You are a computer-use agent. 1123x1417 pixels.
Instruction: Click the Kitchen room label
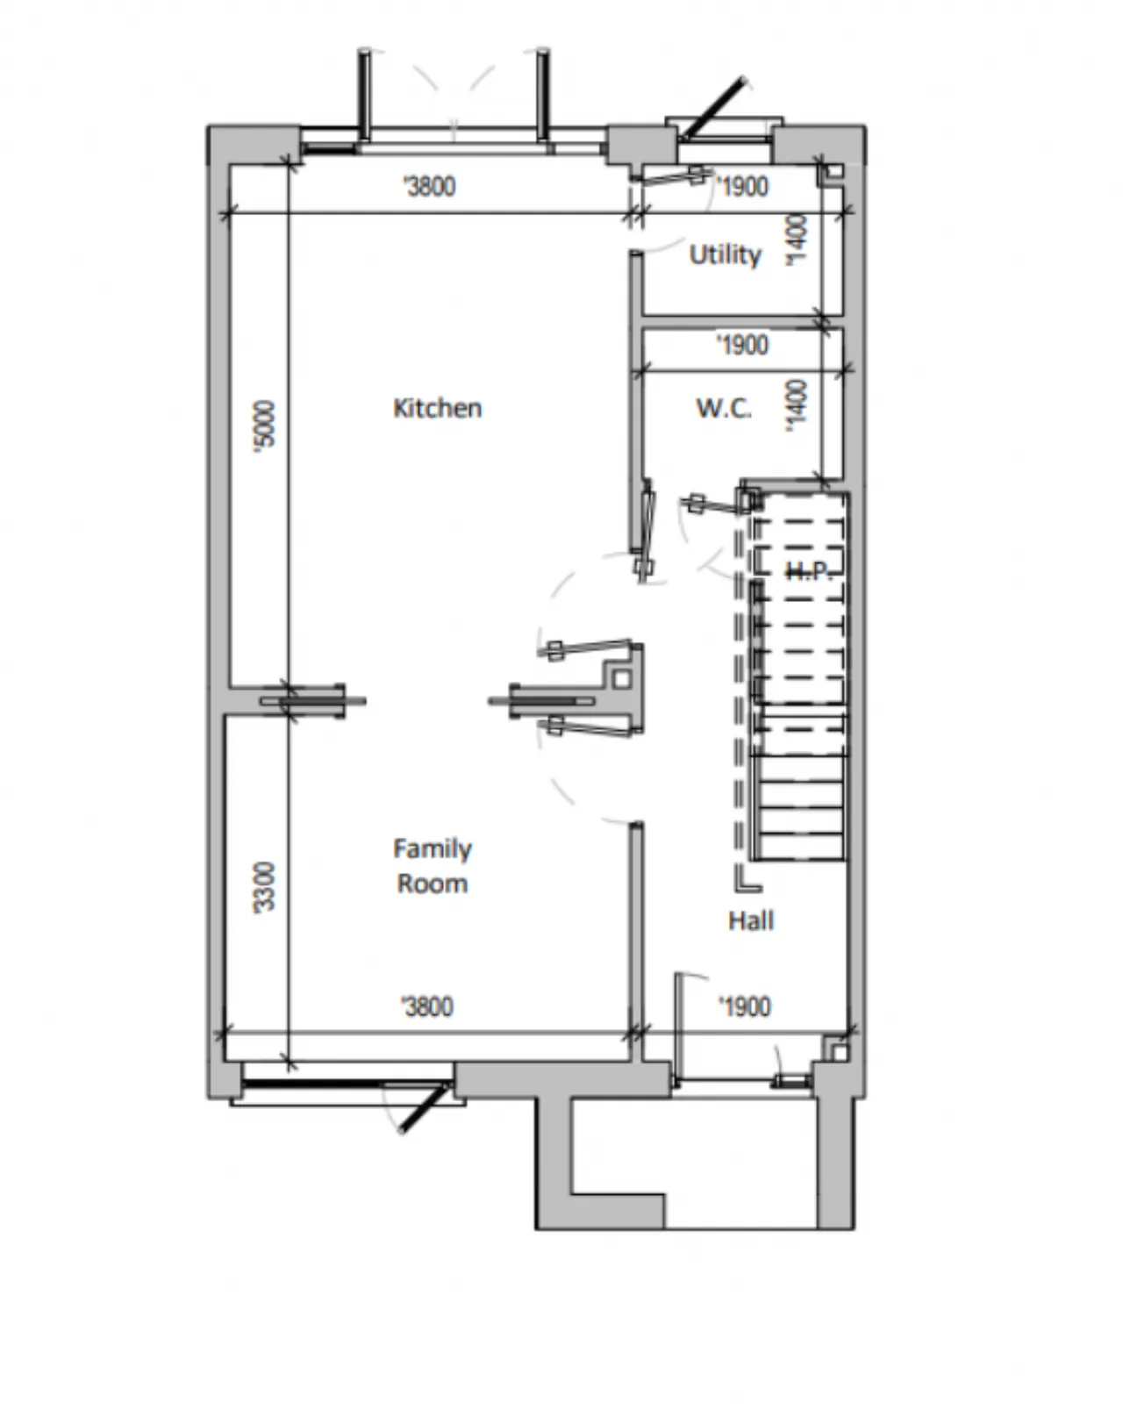[x=437, y=408]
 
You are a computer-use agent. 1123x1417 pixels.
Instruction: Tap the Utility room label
[x=726, y=254]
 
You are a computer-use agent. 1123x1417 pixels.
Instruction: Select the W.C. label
[x=723, y=408]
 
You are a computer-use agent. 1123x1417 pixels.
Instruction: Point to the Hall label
[x=751, y=920]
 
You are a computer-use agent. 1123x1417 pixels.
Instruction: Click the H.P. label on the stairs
[x=811, y=570]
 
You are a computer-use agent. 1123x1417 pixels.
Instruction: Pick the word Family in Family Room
[x=432, y=849]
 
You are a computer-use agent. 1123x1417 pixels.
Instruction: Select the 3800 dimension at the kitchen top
[x=429, y=186]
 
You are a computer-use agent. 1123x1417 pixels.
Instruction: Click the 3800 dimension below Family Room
[x=427, y=1006]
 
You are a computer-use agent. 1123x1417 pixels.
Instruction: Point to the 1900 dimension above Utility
[x=742, y=186]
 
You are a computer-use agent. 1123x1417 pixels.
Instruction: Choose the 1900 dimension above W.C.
[x=742, y=345]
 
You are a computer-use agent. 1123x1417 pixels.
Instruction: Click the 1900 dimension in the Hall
[x=744, y=1006]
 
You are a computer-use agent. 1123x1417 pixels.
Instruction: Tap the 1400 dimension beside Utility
[x=797, y=240]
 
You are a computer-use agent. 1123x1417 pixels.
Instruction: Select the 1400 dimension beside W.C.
[x=797, y=405]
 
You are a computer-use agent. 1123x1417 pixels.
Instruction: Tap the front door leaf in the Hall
[x=678, y=1027]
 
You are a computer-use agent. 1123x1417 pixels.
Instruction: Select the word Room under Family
[x=432, y=884]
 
